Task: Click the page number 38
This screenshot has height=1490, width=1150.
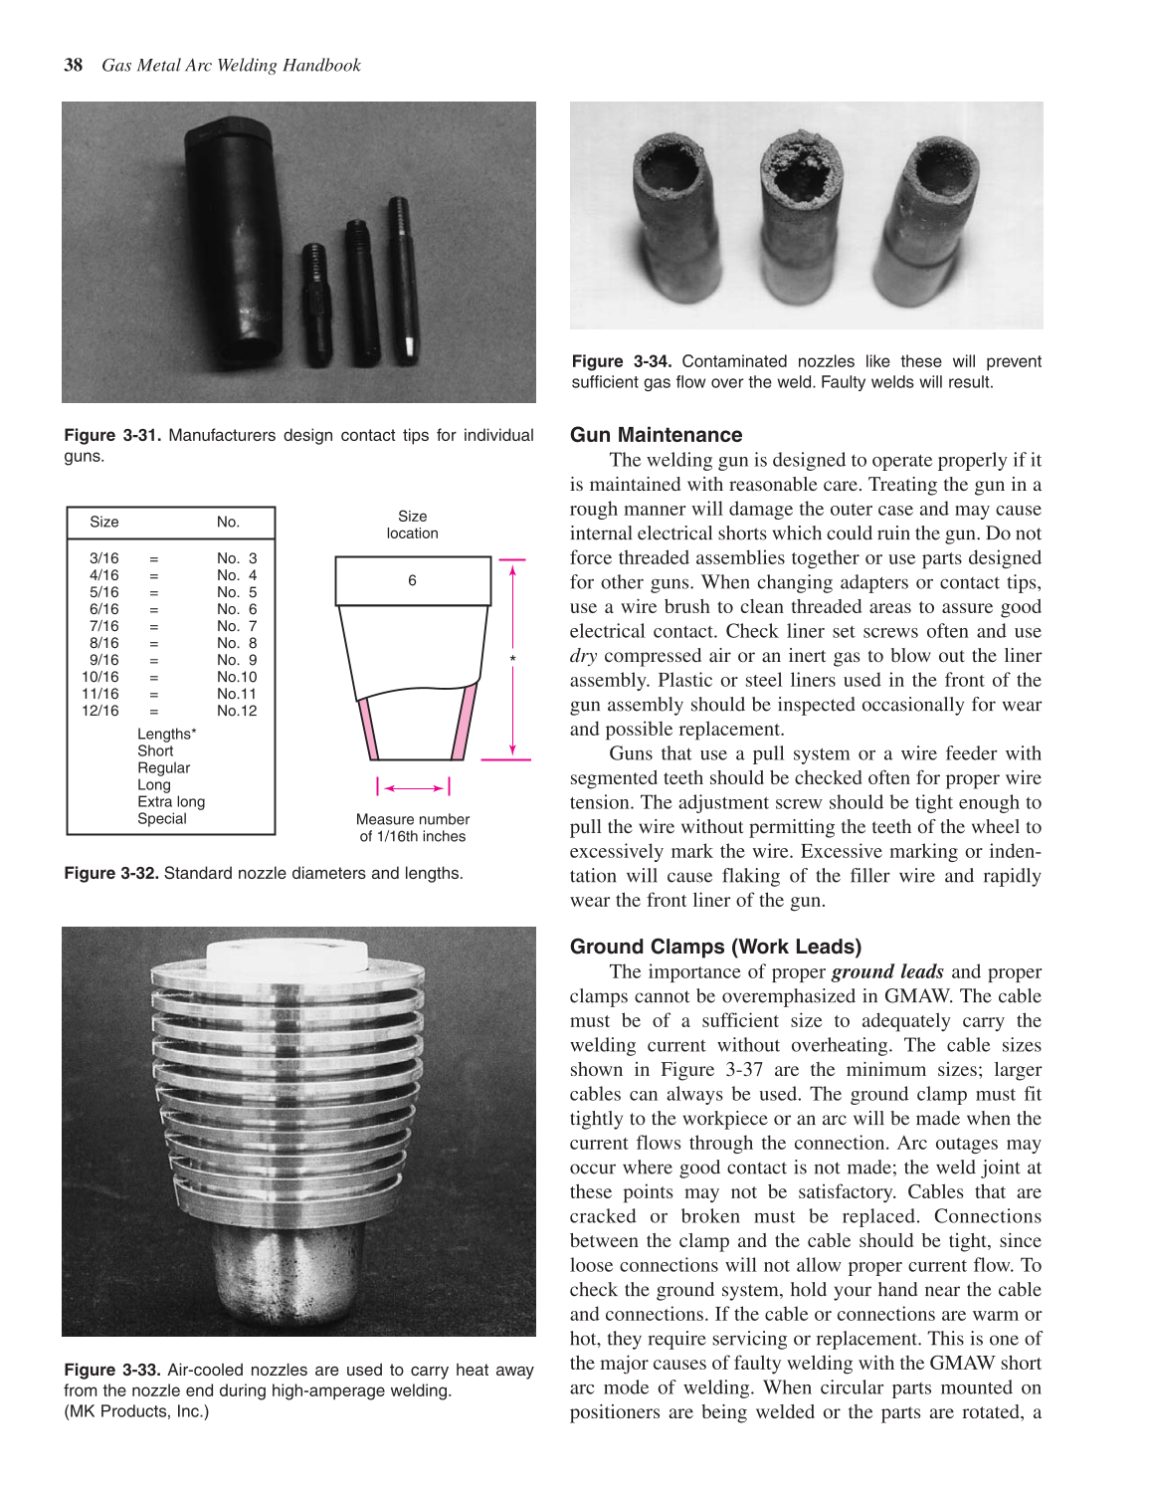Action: pyautogui.click(x=73, y=66)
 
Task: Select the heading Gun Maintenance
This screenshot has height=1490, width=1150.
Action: pyautogui.click(x=656, y=435)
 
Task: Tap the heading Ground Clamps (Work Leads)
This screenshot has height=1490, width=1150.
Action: pyautogui.click(x=715, y=947)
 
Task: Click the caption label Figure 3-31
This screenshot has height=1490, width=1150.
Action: pyautogui.click(x=112, y=435)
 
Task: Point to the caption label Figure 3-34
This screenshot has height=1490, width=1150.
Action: pyautogui.click(x=621, y=361)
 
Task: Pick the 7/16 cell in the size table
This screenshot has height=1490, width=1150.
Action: pyautogui.click(x=104, y=626)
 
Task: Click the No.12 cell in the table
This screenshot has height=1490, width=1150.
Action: pyautogui.click(x=237, y=711)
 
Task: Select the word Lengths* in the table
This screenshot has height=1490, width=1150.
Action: pyautogui.click(x=167, y=734)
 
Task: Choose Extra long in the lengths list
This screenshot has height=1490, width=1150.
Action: pyautogui.click(x=171, y=801)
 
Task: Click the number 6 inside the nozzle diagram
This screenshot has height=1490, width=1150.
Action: pyautogui.click(x=412, y=580)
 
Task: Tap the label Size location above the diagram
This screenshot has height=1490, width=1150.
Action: pyautogui.click(x=412, y=525)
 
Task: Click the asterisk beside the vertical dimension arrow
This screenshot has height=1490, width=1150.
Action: pyautogui.click(x=512, y=660)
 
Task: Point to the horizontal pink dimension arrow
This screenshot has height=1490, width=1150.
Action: pyautogui.click(x=414, y=787)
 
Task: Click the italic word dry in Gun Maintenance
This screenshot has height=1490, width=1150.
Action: pyautogui.click(x=583, y=656)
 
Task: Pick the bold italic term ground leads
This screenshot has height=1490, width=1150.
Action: pyautogui.click(x=887, y=971)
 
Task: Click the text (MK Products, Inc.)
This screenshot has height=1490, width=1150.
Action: pyautogui.click(x=136, y=1410)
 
